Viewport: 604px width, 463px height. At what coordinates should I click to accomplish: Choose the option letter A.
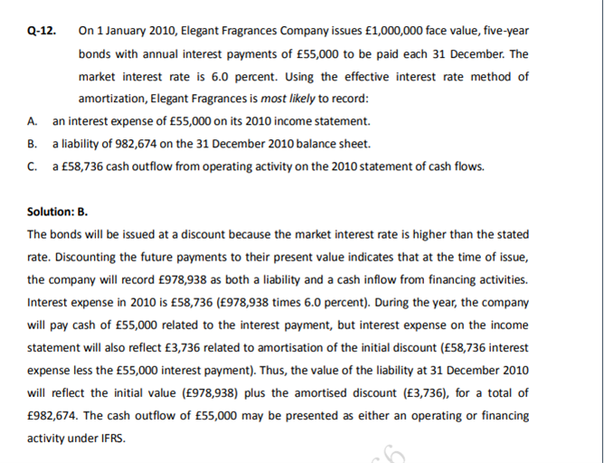33,121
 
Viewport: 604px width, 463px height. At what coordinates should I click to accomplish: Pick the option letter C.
33,166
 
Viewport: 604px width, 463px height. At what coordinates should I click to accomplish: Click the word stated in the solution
512,235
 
